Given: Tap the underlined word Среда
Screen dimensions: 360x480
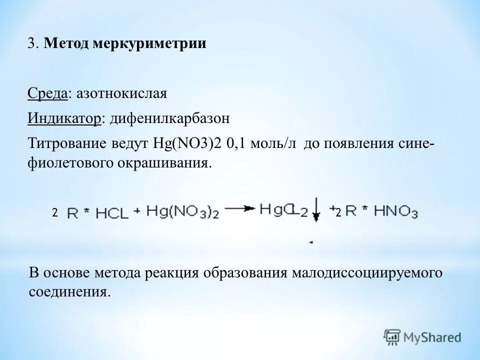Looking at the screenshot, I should [x=47, y=93].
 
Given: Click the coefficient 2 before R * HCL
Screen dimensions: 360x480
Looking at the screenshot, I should [x=54, y=212].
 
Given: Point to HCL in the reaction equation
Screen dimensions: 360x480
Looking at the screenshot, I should [x=110, y=212].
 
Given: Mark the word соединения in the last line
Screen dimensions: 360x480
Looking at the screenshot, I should [x=68, y=291].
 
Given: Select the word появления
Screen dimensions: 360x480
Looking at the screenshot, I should [x=352, y=144].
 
